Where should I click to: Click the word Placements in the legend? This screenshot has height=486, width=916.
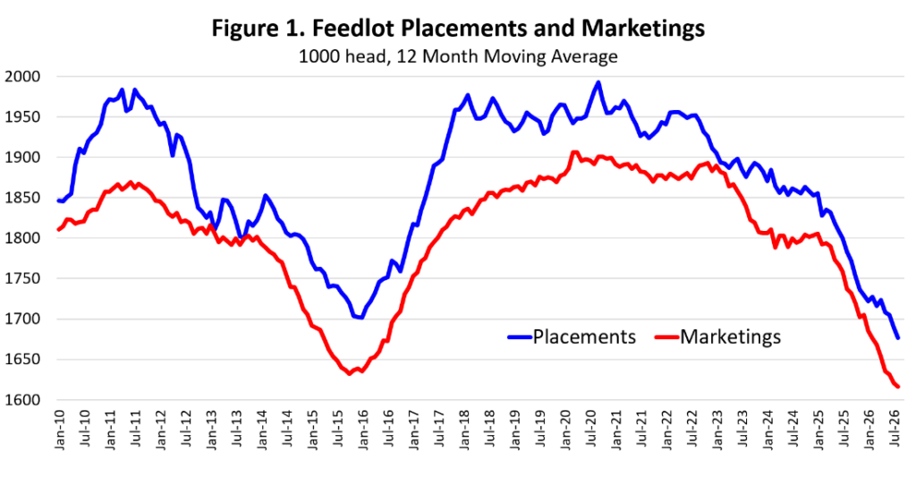tap(584, 337)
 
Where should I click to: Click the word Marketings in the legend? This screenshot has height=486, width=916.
tap(730, 337)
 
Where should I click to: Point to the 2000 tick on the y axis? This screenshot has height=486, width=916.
tap(21, 77)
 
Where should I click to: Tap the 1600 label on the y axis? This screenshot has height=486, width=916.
tap(21, 400)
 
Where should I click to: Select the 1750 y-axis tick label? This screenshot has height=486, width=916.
tap(21, 279)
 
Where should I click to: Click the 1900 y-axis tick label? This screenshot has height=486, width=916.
tap(21, 158)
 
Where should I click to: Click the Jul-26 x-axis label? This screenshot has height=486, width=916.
tap(894, 429)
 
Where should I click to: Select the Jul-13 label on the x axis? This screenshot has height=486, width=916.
tap(237, 429)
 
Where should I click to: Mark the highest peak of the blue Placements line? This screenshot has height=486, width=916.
tap(598, 82)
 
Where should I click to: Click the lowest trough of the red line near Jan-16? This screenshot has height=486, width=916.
tap(350, 373)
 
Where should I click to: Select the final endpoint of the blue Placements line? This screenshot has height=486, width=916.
tap(898, 337)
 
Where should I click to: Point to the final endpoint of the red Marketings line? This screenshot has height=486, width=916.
tap(898, 387)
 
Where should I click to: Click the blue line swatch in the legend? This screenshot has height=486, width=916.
tap(520, 337)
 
